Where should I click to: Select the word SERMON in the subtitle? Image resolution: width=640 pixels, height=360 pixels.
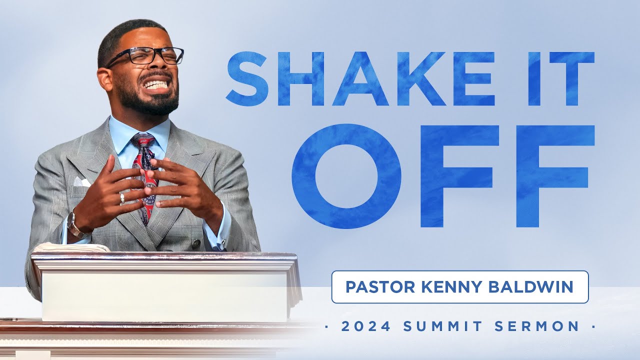click(537, 327)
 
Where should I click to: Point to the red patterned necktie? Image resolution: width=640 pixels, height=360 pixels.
click(144, 170)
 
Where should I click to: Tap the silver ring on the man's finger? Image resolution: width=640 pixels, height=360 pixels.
click(121, 198)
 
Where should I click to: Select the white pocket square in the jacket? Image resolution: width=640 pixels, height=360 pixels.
click(82, 181)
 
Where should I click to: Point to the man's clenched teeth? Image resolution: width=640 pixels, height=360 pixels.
click(156, 84)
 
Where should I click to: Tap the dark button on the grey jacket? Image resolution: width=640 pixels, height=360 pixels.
click(196, 244)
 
